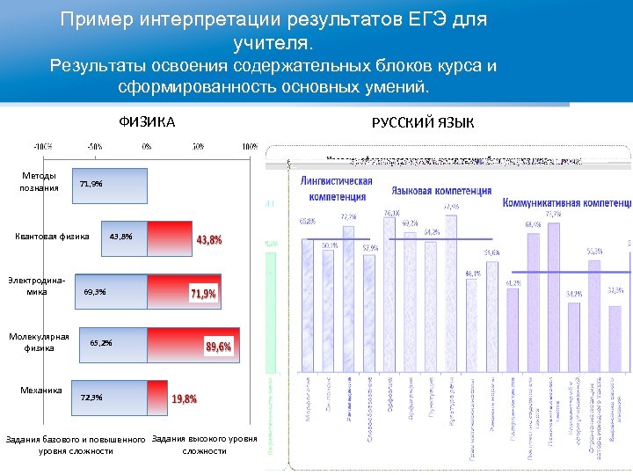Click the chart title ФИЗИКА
point(147,122)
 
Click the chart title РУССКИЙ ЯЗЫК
point(423,123)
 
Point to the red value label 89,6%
point(219,347)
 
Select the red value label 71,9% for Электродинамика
point(203,294)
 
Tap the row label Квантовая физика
point(53,237)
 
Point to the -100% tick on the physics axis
point(43,146)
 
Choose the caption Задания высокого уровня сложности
point(204,445)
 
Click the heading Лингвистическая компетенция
point(336,188)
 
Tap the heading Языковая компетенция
point(441,190)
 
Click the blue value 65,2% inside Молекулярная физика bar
point(101,343)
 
